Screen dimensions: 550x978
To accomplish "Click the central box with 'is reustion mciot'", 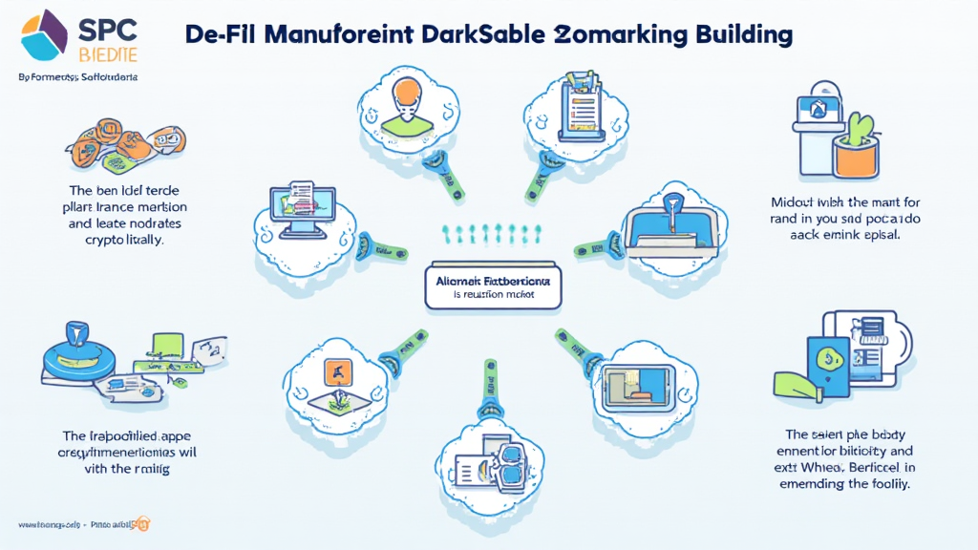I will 493,286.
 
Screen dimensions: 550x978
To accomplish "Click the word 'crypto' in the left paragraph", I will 107,241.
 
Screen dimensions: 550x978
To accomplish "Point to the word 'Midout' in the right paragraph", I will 797,202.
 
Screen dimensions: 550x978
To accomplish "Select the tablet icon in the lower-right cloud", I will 635,381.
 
